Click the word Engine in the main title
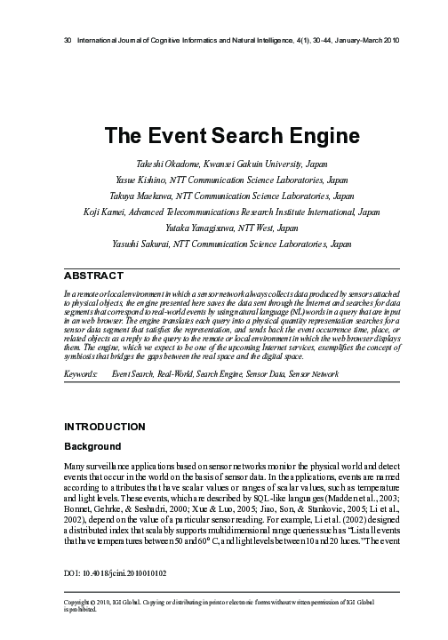(300, 136)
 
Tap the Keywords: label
(81, 376)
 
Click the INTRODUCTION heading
(105, 426)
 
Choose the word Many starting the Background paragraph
(77, 465)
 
